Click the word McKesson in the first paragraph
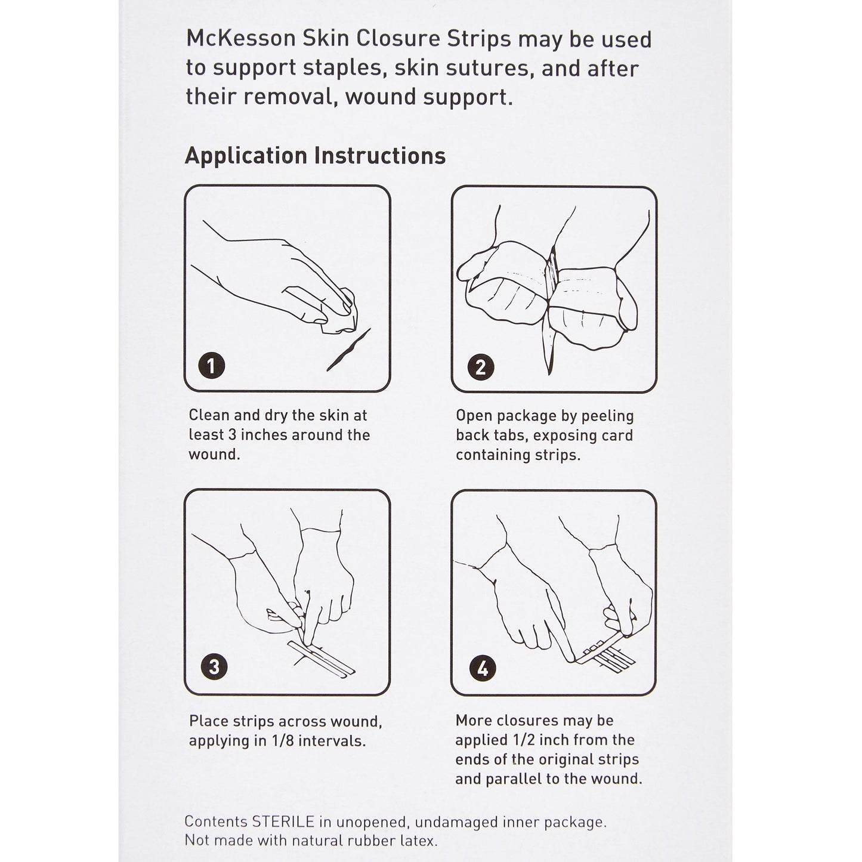[x=242, y=39]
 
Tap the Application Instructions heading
[x=315, y=156]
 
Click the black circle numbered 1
[x=211, y=364]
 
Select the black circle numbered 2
[x=480, y=367]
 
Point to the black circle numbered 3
[x=214, y=666]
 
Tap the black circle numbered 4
[x=482, y=668]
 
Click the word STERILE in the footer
[x=283, y=821]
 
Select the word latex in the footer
[x=418, y=841]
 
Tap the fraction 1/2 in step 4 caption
[x=522, y=740]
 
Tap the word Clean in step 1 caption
[x=208, y=415]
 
